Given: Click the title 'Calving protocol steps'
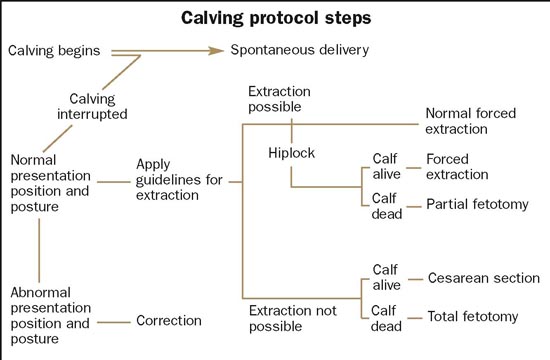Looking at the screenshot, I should (275, 19).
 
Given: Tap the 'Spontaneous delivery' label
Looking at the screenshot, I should (300, 50).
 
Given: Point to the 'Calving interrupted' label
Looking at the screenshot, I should (98, 106).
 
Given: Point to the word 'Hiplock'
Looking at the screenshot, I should (292, 153).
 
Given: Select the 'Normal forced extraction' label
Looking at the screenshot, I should (471, 122).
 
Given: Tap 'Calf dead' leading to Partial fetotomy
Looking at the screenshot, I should (385, 205).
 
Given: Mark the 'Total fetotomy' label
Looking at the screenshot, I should (473, 317).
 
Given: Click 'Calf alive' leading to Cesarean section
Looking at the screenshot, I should (385, 277).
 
